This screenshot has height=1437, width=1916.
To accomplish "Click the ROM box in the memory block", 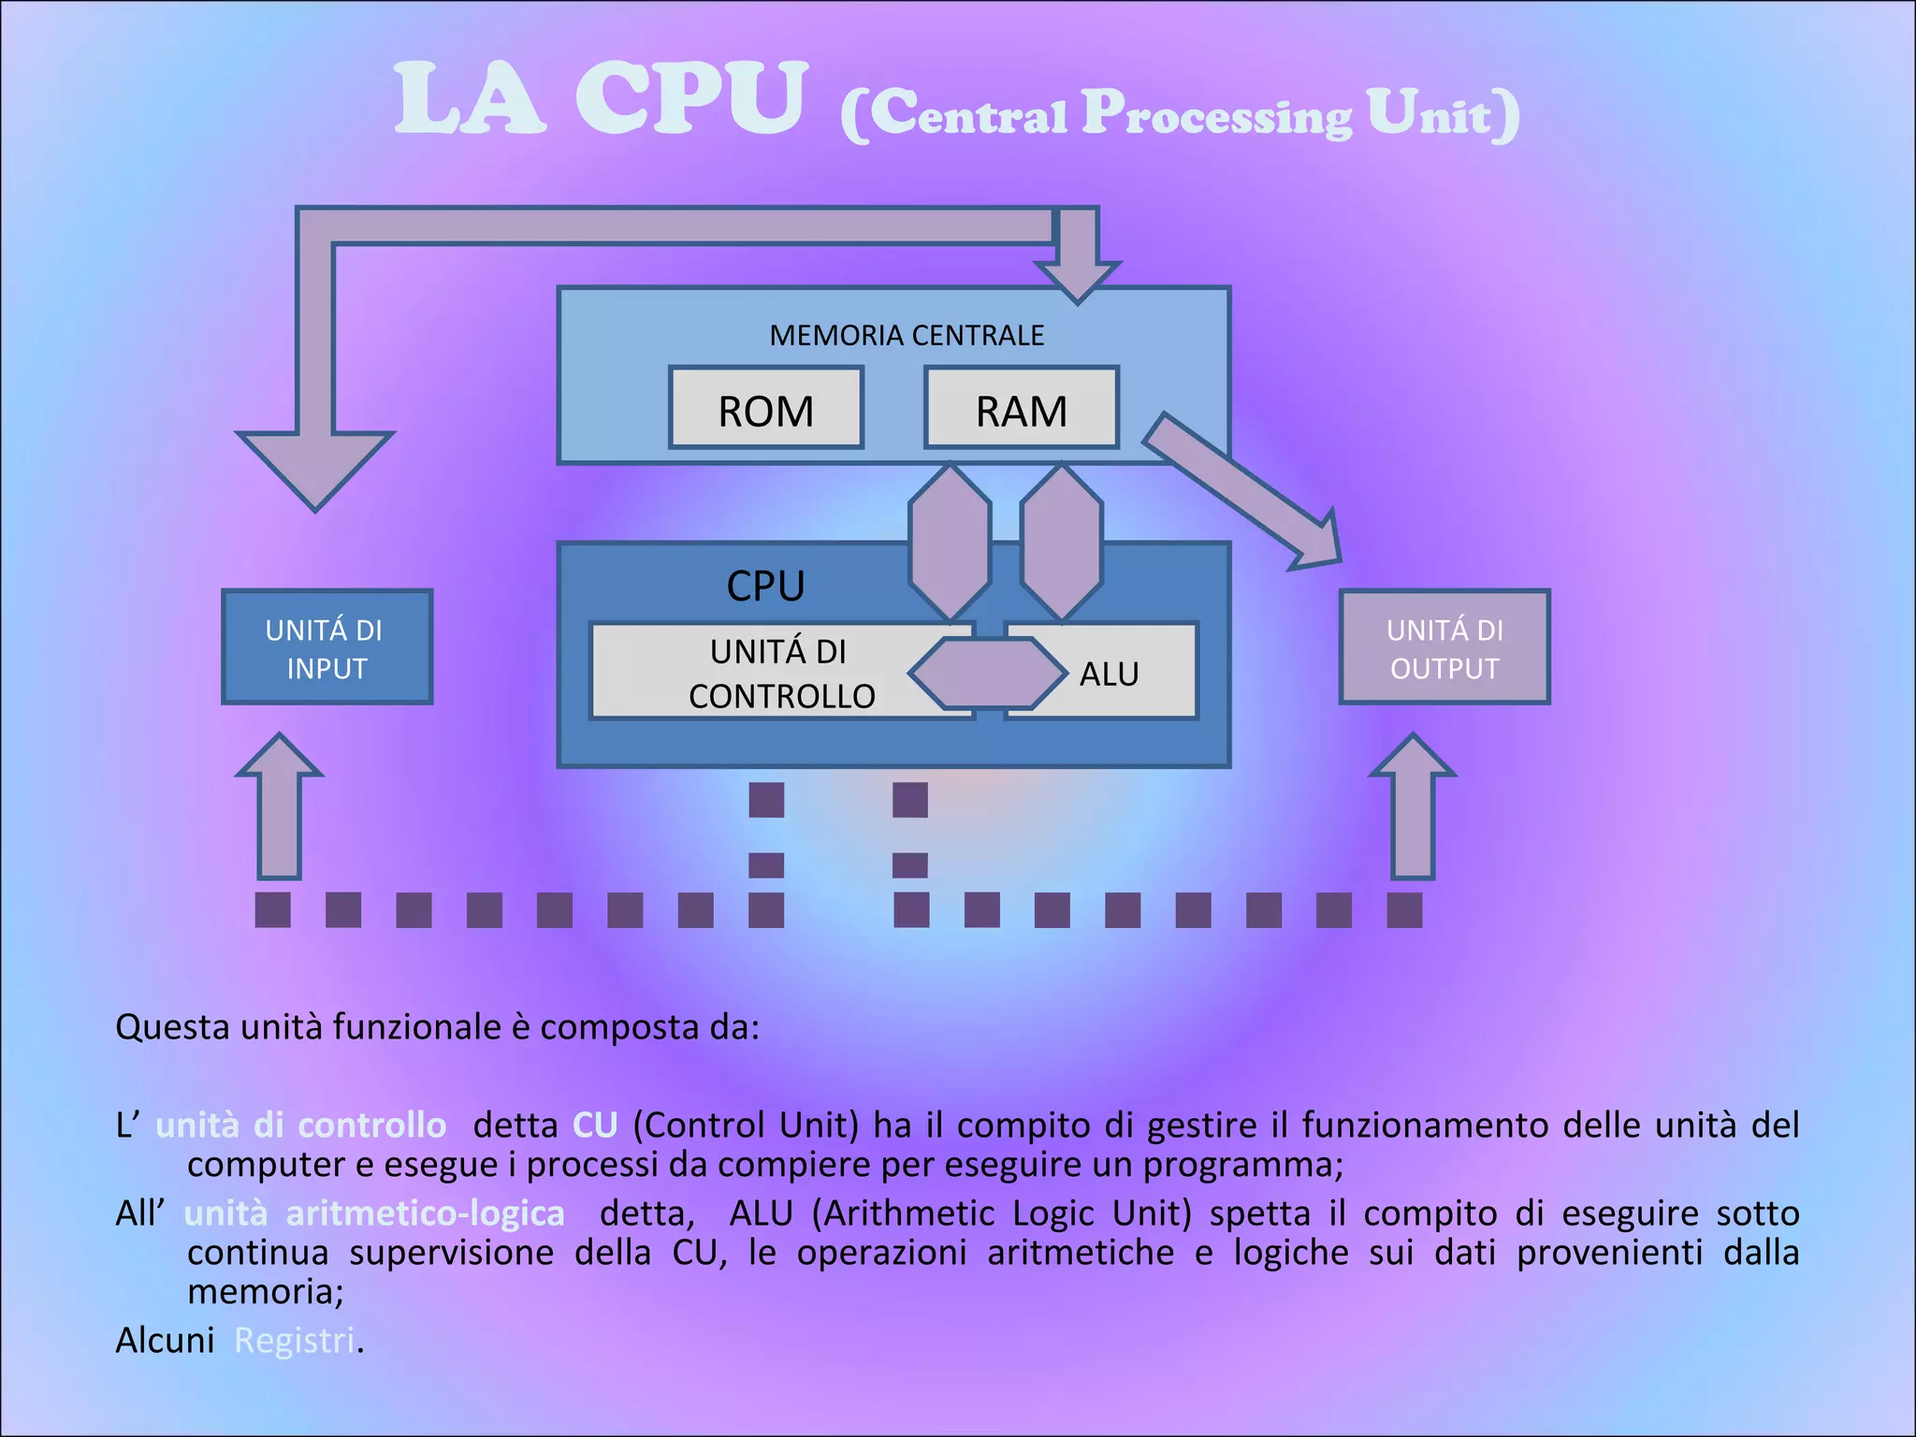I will pos(765,409).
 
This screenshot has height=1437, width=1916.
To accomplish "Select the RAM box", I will pos(1021,409).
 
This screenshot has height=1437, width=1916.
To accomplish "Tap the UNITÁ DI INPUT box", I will pos(327,647).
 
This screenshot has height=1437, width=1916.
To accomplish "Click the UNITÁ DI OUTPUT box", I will pos(1444,647).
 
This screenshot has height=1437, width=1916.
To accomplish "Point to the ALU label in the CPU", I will pos(1110,675).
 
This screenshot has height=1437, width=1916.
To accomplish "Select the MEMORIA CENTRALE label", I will pos(906,335).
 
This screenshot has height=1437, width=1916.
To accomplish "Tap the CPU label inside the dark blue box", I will pos(765,587).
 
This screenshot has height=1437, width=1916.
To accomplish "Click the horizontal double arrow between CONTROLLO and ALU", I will pos(988,674).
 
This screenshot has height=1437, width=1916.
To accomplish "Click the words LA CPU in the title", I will pos(599,98).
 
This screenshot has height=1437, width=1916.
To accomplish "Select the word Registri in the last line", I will pos(295,1341).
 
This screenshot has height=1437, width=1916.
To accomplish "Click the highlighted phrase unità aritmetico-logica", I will pos(374,1213).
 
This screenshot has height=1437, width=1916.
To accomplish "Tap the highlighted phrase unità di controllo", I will pos(300,1125).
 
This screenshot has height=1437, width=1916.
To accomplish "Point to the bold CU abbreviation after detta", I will pos(595,1125).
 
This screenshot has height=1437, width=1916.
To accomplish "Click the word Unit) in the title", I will pos(1442,115).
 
